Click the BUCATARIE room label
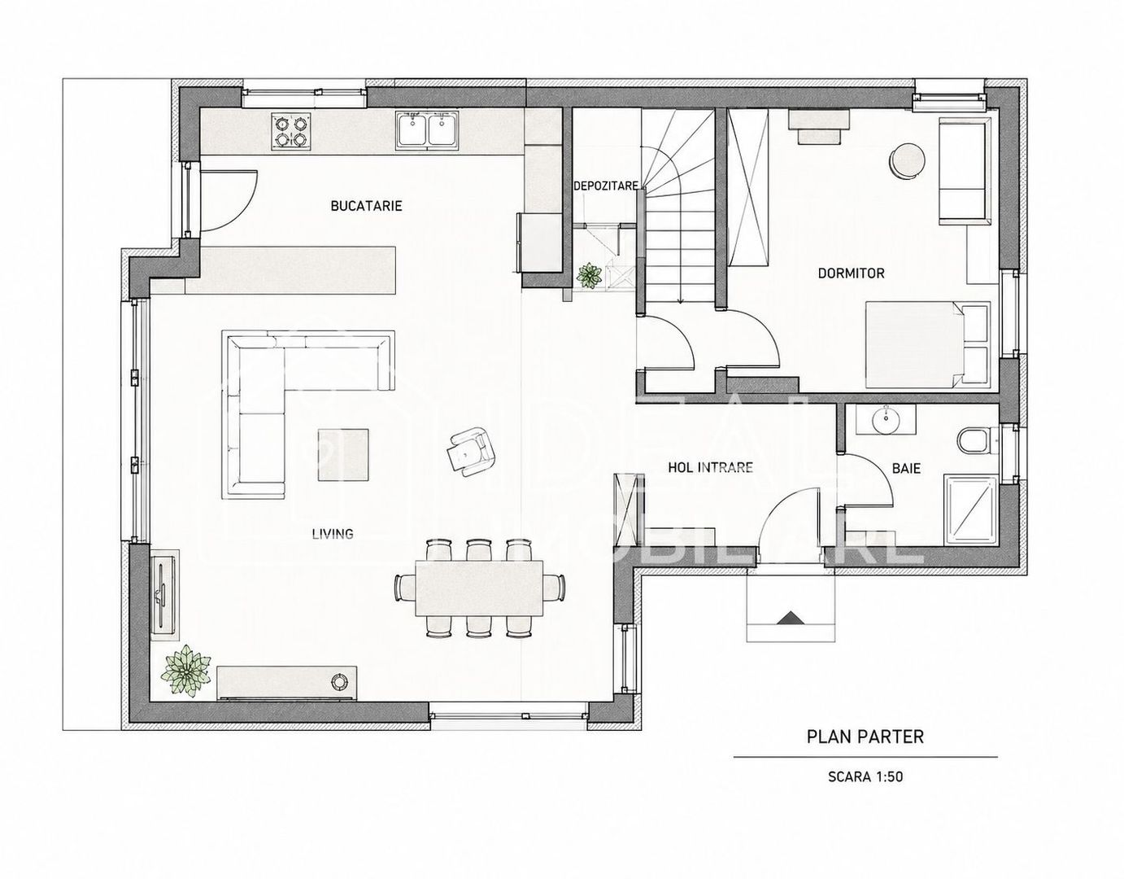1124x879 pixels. (366, 206)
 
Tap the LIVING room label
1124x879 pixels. (333, 533)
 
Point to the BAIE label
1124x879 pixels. (906, 468)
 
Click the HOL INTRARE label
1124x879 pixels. (710, 468)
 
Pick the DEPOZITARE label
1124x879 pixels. (606, 186)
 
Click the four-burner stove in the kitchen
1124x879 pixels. (291, 132)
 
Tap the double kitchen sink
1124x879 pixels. (429, 131)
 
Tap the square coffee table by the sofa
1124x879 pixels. (343, 455)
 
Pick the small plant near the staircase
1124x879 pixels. (589, 276)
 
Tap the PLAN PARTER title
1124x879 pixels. (865, 737)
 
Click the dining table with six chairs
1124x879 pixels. (480, 588)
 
